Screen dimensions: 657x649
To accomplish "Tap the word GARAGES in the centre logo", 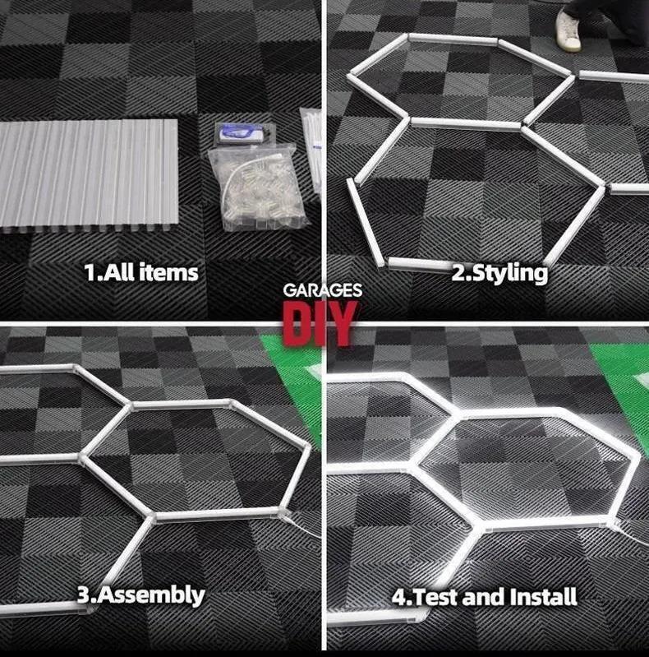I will (x=323, y=291).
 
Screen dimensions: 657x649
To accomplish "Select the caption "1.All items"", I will (x=141, y=272).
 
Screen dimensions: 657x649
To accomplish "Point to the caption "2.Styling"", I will (x=499, y=273).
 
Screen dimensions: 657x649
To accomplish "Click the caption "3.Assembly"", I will (x=140, y=595).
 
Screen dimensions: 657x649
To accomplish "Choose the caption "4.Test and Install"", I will (x=484, y=596).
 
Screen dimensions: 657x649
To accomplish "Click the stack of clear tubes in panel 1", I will (x=89, y=174).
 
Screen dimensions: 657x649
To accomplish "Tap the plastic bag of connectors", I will (x=256, y=188).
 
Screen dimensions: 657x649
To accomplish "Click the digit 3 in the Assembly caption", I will (x=83, y=595).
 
